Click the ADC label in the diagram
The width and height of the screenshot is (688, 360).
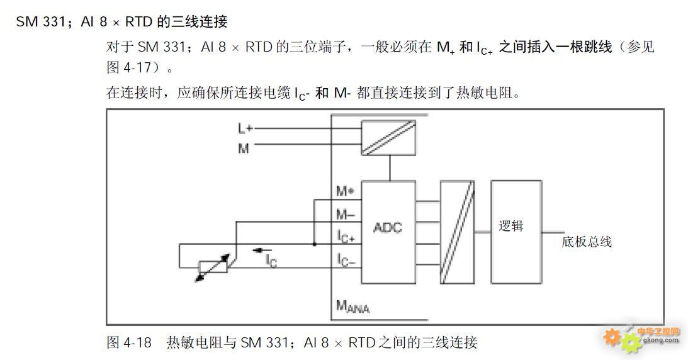pos(388,228)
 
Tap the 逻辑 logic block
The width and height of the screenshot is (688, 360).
pos(516,232)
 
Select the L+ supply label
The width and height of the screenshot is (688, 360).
pos(245,128)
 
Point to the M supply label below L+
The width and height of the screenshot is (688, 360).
pos(244,149)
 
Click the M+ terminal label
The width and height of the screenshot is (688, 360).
pos(346,191)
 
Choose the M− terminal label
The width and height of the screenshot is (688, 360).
pos(346,215)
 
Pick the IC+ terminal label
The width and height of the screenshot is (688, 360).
pos(346,237)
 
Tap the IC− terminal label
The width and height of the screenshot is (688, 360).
pos(346,259)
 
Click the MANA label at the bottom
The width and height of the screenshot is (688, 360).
pos(352,306)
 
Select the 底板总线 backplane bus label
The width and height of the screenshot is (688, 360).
pos(587,242)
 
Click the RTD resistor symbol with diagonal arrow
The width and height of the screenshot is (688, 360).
pos(213,267)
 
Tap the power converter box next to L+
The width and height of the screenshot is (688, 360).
pos(388,138)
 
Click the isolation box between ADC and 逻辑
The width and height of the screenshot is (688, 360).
pos(457,232)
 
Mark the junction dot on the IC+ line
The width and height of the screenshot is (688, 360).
pos(315,244)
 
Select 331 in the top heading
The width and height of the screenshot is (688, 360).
pos(53,22)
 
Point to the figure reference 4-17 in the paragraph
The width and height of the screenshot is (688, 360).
pos(137,67)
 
